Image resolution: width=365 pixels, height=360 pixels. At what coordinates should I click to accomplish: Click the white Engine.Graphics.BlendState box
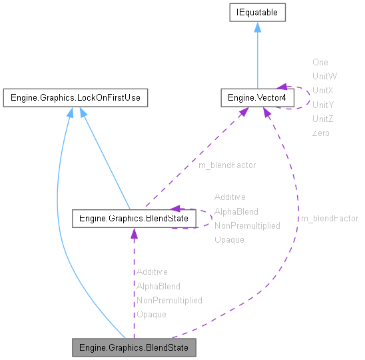pyautogui.click(x=134, y=217)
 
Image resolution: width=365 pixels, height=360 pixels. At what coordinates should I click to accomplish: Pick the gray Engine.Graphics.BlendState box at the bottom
pyautogui.click(x=134, y=347)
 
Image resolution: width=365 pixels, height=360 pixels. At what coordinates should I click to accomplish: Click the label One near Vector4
pyautogui.click(x=320, y=62)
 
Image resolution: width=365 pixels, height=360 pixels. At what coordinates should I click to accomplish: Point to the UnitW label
pyautogui.click(x=323, y=76)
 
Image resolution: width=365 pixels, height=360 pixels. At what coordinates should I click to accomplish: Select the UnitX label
pyautogui.click(x=322, y=90)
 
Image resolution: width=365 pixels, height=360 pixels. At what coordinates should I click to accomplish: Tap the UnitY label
pyautogui.click(x=322, y=105)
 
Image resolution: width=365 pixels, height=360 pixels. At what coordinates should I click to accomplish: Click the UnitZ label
pyautogui.click(x=322, y=119)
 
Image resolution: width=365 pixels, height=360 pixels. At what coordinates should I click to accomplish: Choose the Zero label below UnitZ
pyautogui.click(x=320, y=133)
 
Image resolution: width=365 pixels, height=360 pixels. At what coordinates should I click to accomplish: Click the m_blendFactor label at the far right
pyautogui.click(x=329, y=219)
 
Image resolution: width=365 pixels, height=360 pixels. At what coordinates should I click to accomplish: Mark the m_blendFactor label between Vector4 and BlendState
pyautogui.click(x=226, y=165)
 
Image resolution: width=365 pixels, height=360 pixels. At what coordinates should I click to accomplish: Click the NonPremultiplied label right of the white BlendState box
pyautogui.click(x=246, y=225)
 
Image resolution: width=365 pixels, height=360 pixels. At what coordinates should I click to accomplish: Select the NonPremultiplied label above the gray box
pyautogui.click(x=169, y=300)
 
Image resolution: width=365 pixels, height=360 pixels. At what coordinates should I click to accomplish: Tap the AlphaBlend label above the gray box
pyautogui.click(x=158, y=286)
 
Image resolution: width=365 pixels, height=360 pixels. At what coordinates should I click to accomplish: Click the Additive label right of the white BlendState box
pyautogui.click(x=230, y=197)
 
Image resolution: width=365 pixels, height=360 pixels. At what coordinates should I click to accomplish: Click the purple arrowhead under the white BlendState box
pyautogui.click(x=134, y=233)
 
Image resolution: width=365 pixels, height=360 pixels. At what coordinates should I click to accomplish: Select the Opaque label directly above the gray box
pyautogui.click(x=151, y=314)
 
